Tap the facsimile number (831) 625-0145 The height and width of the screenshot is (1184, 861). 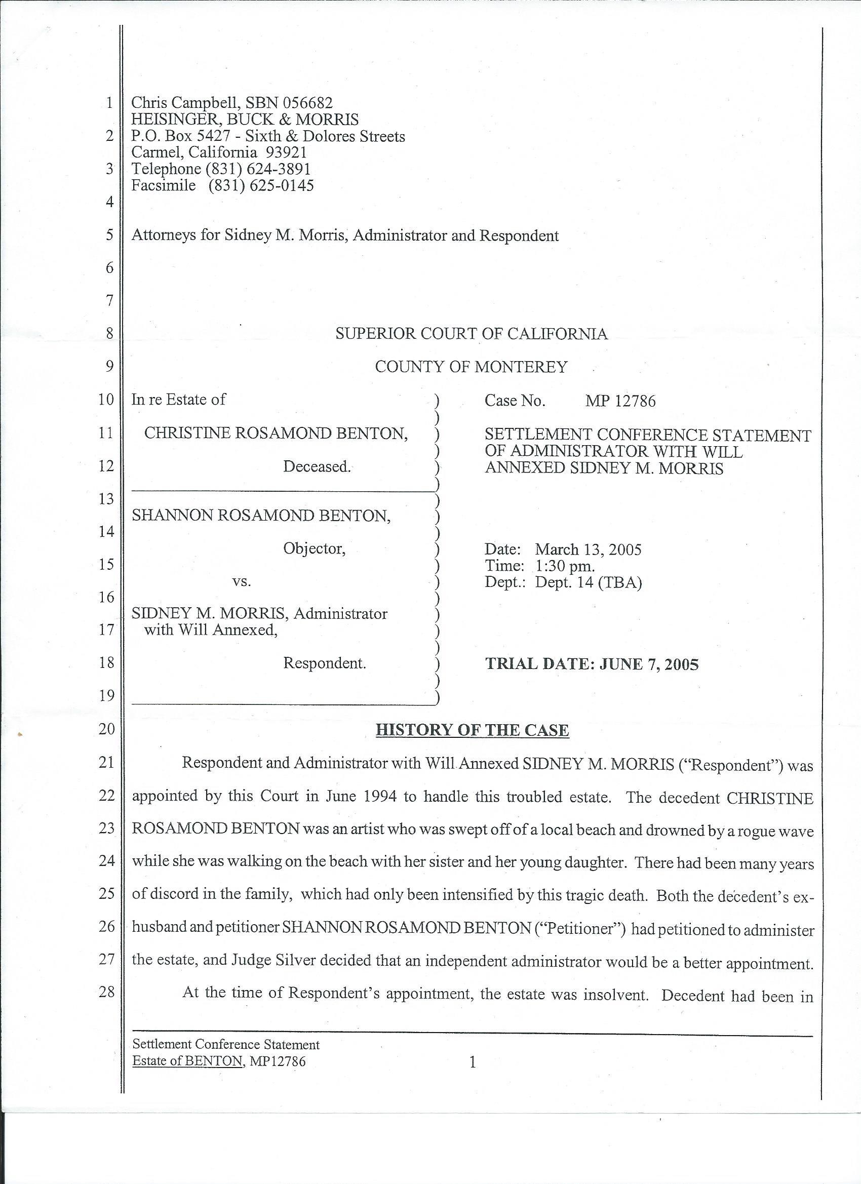261,185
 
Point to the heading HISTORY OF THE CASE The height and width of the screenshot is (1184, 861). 472,729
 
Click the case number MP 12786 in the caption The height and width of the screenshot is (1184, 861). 620,401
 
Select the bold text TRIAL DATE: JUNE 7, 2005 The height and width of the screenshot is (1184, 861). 592,664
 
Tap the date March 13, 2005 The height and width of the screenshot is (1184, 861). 588,549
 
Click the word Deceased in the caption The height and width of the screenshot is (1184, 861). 317,466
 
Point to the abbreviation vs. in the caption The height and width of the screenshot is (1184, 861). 242,581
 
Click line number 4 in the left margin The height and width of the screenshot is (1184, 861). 109,202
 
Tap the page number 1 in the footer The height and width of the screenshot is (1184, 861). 473,1061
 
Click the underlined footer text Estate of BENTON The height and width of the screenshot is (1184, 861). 187,1061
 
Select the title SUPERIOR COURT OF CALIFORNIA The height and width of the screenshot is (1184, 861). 471,334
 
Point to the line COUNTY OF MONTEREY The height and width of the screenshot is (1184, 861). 471,367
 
